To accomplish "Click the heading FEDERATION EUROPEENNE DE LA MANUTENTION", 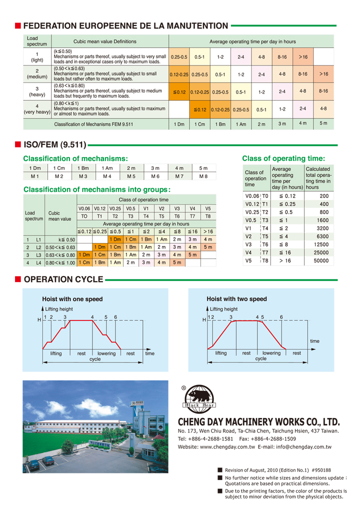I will tap(125, 25).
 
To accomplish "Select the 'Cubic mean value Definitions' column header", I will tap(104, 41).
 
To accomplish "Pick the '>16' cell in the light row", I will tap(303, 57).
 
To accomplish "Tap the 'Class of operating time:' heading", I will tap(283, 158).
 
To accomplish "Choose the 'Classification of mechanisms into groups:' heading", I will tap(97, 189).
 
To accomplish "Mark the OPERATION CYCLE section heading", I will tap(63, 279).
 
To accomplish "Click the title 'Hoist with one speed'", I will tap(72, 299).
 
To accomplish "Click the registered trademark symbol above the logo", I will tap(183, 387).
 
